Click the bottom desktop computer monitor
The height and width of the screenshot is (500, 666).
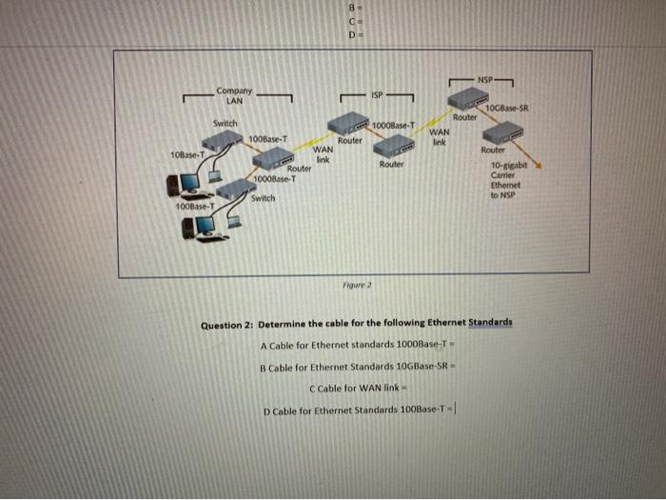coord(205,226)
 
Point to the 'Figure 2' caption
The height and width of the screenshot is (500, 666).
coord(352,285)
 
